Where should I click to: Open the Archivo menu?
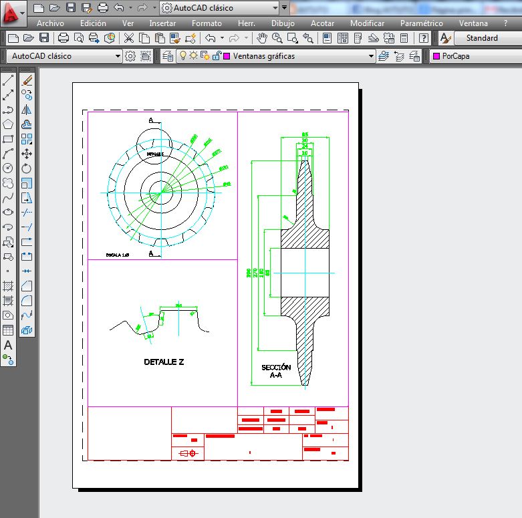coord(50,23)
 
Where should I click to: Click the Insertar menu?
coord(162,23)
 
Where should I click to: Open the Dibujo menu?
coord(283,23)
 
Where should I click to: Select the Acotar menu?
coord(323,23)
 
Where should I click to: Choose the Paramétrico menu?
coord(421,23)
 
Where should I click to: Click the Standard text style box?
coord(482,38)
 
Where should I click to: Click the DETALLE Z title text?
coord(164,362)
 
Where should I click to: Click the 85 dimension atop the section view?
coord(305,134)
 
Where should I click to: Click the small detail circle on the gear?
coord(154,144)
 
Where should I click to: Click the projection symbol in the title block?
coord(188,453)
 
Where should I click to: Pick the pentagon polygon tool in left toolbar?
coord(8,124)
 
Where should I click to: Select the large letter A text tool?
coord(8,346)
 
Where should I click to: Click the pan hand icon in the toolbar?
coord(263,38)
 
